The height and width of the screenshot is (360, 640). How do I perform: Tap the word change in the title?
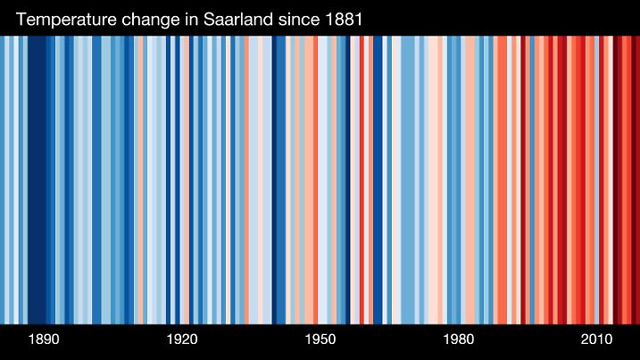[x=154, y=19]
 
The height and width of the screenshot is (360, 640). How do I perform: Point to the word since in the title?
[x=300, y=19]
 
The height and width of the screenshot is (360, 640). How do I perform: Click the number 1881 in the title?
[x=342, y=19]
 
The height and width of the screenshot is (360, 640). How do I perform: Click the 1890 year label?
[x=44, y=340]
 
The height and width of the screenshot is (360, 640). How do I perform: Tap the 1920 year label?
[x=182, y=340]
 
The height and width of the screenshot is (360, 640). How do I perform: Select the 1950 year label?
[x=320, y=340]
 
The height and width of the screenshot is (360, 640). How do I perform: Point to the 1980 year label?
[x=459, y=340]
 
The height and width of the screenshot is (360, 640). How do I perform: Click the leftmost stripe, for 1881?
[x=3, y=179]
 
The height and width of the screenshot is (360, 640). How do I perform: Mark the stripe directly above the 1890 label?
[x=44, y=179]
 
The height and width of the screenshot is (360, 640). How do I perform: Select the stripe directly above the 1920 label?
[x=183, y=179]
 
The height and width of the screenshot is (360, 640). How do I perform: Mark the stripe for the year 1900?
[x=90, y=179]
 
